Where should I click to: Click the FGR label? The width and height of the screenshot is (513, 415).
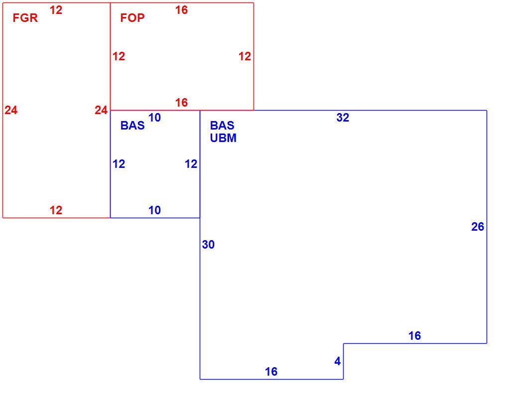point(25,17)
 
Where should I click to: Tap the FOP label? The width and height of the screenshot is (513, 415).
point(132,17)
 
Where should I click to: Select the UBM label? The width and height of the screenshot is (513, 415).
point(223,138)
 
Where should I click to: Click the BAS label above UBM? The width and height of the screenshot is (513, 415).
point(222,126)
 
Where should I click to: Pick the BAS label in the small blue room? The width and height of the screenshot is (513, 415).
point(132,126)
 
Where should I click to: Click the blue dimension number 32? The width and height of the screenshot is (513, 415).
point(343,118)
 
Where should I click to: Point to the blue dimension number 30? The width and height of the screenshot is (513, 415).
point(208,245)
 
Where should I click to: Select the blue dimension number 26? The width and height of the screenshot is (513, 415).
point(478,227)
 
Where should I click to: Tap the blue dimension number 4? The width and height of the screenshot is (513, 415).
point(338,361)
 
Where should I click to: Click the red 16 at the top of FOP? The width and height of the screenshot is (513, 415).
point(182,10)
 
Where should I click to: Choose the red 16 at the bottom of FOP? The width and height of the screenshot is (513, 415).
point(182,103)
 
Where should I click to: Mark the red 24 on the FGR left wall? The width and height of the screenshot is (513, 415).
point(11,110)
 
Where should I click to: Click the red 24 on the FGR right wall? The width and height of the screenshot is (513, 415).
point(101,110)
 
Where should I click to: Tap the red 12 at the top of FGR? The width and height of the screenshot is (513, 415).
point(56,10)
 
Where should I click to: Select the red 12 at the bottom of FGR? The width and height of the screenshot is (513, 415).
point(56,210)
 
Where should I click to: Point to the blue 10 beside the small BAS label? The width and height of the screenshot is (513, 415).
point(155,118)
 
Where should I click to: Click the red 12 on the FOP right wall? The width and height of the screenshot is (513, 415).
point(245,56)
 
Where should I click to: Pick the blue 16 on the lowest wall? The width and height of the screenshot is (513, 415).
point(271,372)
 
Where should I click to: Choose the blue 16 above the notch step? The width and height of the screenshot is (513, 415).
point(414,336)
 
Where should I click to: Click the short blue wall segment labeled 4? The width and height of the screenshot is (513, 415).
point(343,361)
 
